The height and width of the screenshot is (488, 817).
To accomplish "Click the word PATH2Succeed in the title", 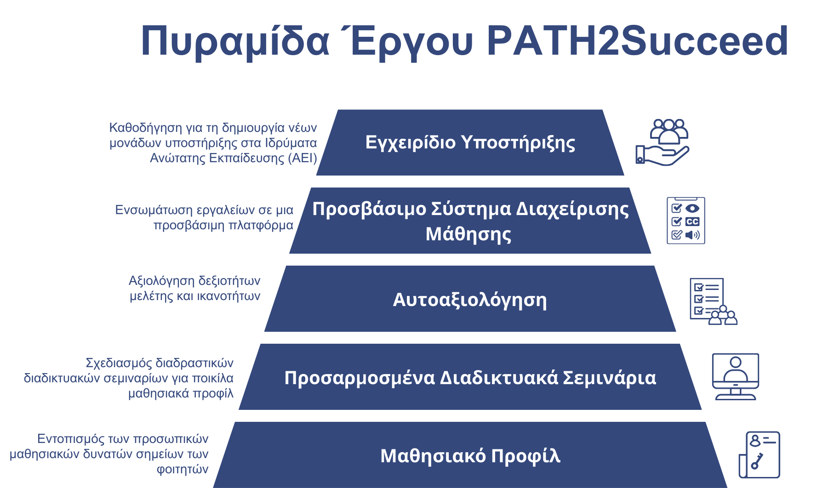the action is tap(638, 41).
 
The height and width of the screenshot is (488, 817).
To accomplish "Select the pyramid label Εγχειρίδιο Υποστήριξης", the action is tap(470, 142).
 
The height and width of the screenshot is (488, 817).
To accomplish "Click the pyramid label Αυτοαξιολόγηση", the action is tap(470, 300).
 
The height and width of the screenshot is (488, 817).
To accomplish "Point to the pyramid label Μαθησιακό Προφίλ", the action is tap(470, 456).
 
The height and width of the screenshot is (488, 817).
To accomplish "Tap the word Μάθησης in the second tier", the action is tap(468, 234).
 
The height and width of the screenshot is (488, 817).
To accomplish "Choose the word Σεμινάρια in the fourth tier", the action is tap(610, 378).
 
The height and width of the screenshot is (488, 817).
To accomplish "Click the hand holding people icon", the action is tap(663, 142).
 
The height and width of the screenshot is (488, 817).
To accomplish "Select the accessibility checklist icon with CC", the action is tap(686, 221).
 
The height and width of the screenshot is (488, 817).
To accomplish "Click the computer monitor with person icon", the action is tap(736, 376).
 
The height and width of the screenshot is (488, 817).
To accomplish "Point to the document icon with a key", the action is tap(760, 455).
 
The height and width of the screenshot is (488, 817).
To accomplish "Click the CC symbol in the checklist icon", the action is tap(692, 221).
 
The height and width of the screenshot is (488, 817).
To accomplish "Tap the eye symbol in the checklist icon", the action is tap(692, 208).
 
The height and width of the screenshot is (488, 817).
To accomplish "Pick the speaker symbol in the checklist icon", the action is tap(692, 235).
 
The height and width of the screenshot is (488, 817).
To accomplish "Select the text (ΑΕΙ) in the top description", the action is tap(303, 158).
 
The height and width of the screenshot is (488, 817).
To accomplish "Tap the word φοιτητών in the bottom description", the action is tap(183, 469).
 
